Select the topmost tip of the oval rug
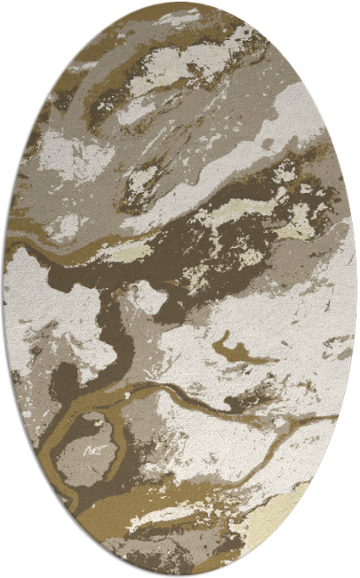[180, 3]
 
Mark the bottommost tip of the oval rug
[180, 575]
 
